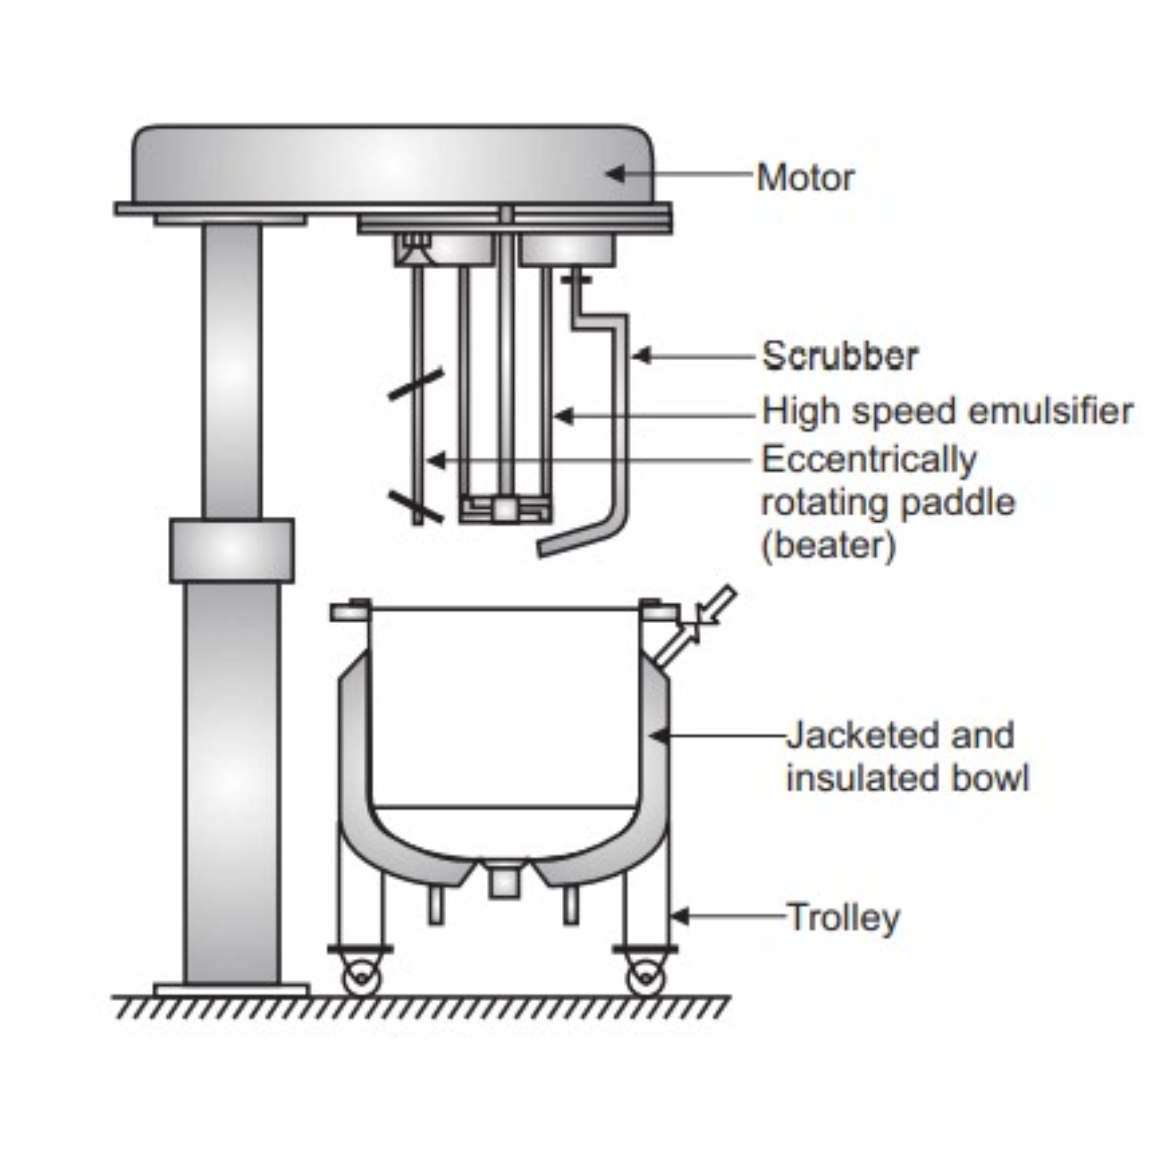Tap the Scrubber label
coord(840,356)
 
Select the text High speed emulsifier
coord(947,411)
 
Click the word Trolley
coord(843,917)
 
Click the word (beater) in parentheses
coord(829,545)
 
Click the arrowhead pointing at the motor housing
coord(616,174)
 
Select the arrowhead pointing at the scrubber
coord(641,356)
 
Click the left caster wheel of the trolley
coord(361,978)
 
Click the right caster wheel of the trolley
coord(646,978)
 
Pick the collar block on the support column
coord(232,550)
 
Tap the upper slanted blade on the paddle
coord(416,384)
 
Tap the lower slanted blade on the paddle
coord(416,506)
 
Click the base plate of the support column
coord(232,990)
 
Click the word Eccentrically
coord(869,459)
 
